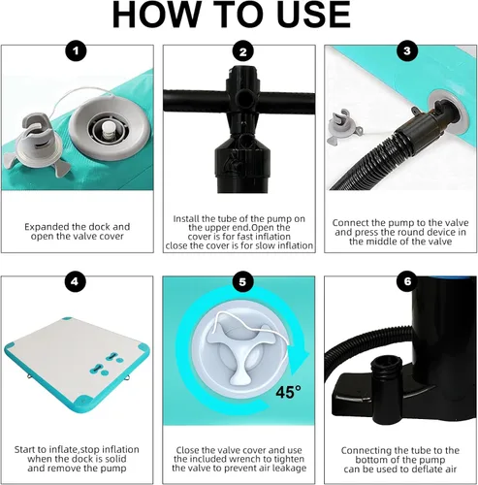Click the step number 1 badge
[x=76, y=51]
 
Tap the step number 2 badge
[x=243, y=51]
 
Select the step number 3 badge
[x=407, y=50]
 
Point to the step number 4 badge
[x=75, y=281]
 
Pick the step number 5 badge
[x=242, y=282]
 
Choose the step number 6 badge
[x=407, y=281]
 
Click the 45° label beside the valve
[x=288, y=392]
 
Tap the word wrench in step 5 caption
[x=246, y=459]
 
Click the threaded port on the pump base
[x=388, y=369]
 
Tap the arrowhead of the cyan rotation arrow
[x=298, y=362]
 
